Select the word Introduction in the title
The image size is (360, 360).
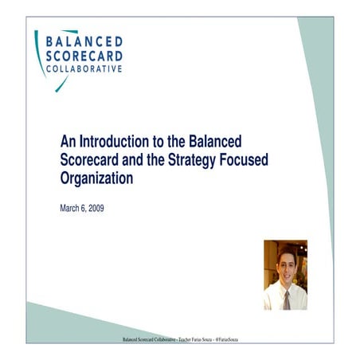[x=108, y=140]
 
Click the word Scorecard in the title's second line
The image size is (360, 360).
[x=93, y=159]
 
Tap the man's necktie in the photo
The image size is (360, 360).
[x=287, y=299]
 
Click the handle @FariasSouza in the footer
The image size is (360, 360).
[x=226, y=338]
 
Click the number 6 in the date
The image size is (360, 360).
[x=89, y=209]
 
